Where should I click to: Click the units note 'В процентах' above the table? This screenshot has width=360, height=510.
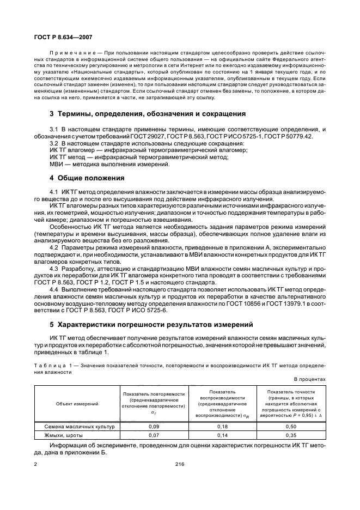[309, 379]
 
